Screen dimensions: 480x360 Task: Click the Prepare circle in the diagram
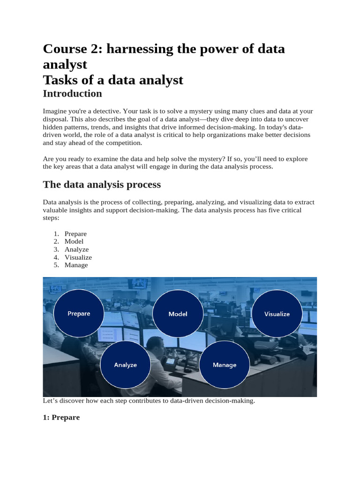(78, 314)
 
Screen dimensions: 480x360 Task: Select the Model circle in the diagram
(178, 314)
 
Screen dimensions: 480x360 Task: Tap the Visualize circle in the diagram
(277, 314)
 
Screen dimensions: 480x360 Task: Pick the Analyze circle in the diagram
(125, 365)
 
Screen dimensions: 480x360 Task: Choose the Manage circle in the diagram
(225, 365)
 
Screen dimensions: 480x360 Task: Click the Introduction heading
(72, 93)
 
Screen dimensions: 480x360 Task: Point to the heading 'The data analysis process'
(102, 184)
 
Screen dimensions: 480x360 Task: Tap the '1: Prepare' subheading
(61, 417)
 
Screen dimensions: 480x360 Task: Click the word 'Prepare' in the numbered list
(75, 233)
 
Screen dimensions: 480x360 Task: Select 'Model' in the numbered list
(74, 241)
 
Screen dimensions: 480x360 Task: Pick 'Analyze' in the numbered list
(76, 249)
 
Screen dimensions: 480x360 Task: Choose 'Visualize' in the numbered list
(78, 257)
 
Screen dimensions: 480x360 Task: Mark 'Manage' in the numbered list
(76, 265)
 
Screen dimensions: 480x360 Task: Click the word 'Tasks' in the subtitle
(60, 80)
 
